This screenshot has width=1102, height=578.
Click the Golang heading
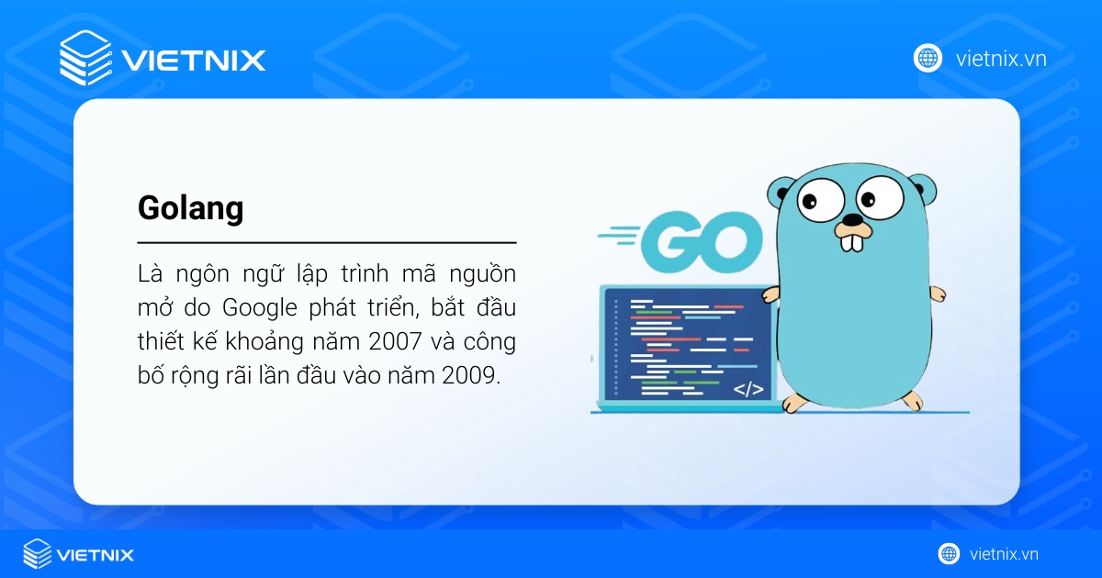click(x=190, y=209)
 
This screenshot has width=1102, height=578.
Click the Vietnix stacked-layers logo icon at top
click(x=85, y=58)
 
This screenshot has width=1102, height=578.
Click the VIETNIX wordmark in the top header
click(x=194, y=61)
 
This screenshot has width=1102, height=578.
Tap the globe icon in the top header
click(x=928, y=58)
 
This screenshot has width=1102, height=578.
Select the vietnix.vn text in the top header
click(x=1001, y=59)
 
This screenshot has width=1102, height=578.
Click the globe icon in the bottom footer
click(x=949, y=553)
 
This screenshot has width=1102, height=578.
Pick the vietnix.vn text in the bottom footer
click(x=1005, y=554)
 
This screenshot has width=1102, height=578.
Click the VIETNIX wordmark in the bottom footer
click(x=95, y=554)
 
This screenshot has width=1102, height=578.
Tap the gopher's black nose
click(x=853, y=221)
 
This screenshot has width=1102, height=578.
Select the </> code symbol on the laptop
click(x=748, y=389)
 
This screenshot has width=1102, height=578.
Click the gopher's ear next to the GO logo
click(x=782, y=193)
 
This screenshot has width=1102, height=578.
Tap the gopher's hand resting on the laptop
click(x=770, y=295)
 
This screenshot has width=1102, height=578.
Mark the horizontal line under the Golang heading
click(x=326, y=243)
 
